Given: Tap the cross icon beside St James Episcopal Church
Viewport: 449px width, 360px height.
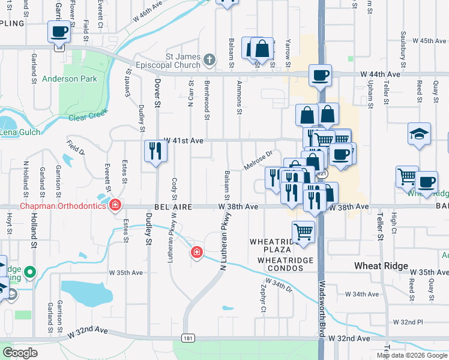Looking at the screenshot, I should (209, 59).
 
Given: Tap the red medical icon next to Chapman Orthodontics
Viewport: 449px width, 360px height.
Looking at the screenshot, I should (115, 206).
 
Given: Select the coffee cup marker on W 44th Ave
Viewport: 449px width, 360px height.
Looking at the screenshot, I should (319, 76).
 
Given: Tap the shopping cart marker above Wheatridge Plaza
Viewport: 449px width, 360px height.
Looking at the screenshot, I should (304, 231).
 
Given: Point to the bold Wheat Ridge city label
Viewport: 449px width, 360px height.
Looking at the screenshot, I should (381, 266).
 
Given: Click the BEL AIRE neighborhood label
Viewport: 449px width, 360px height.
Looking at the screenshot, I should (172, 206).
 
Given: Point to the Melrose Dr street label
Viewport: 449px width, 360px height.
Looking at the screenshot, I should (258, 160).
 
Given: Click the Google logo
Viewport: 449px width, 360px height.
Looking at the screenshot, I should (20, 353).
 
